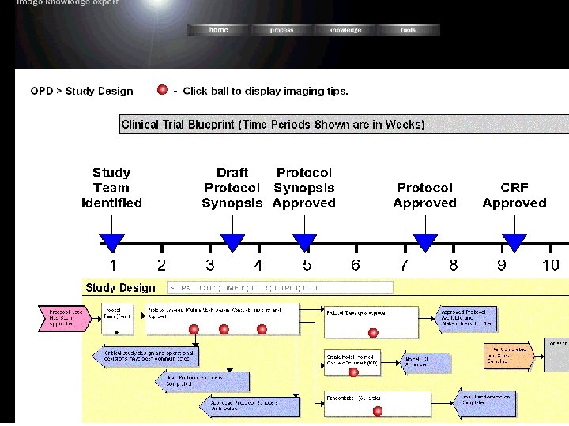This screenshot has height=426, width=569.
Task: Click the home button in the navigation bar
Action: (x=218, y=30)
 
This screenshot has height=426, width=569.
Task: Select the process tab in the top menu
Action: (x=281, y=30)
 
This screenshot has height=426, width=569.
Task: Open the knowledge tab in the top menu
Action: (x=345, y=30)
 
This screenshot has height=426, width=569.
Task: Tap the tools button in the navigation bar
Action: (x=408, y=30)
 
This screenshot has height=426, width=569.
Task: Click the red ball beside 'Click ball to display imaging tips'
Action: (x=162, y=90)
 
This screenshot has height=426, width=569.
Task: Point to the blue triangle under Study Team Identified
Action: (x=112, y=242)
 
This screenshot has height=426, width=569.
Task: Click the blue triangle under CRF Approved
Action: (x=514, y=242)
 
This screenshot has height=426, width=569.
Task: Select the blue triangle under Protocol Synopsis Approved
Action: (x=304, y=242)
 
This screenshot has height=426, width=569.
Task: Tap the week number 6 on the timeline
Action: (x=356, y=265)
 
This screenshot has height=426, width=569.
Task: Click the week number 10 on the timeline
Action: (x=550, y=265)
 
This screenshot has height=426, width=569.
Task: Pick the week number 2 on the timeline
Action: (x=161, y=265)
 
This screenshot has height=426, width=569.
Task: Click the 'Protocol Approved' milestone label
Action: (x=425, y=195)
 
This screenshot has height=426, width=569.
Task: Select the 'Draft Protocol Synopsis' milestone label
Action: (x=232, y=188)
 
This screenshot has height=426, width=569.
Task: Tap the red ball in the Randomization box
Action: (x=378, y=410)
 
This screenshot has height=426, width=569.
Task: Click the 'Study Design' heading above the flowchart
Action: (x=120, y=288)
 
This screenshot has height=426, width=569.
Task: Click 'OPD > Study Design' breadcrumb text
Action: (x=82, y=91)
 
